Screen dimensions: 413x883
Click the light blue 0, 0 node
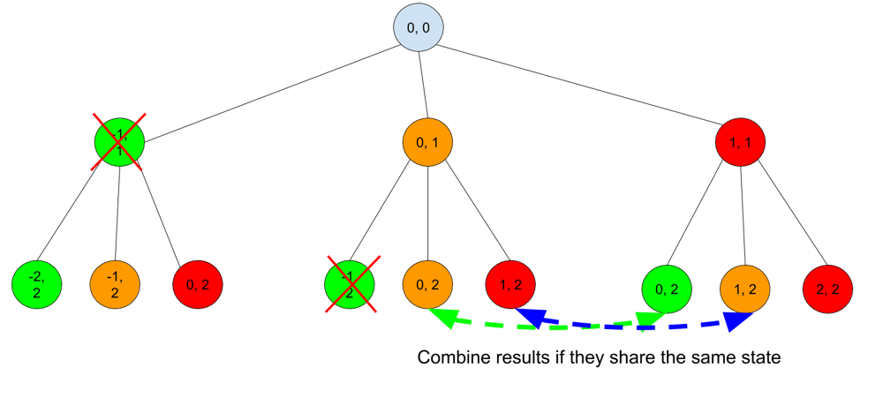point(418,27)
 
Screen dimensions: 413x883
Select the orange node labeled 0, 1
point(427,141)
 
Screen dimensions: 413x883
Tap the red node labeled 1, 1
point(740,142)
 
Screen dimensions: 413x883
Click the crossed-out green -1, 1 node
point(119,141)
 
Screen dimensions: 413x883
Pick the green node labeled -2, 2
point(36,284)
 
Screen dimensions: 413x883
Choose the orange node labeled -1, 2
point(115,284)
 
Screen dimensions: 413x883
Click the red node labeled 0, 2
point(198,284)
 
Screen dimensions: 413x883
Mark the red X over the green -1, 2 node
point(353,284)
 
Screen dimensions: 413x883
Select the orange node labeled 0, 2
point(427,284)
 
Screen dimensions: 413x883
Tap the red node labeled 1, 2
point(510,284)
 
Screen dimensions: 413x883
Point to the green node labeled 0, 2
point(667,289)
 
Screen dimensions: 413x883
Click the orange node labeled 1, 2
point(744,289)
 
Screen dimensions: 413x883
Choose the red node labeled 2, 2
point(827,289)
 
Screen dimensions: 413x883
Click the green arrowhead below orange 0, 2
point(444,318)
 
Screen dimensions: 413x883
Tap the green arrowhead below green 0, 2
point(651,320)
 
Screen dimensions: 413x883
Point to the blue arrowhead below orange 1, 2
point(736,320)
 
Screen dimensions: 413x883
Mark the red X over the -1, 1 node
point(119,141)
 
